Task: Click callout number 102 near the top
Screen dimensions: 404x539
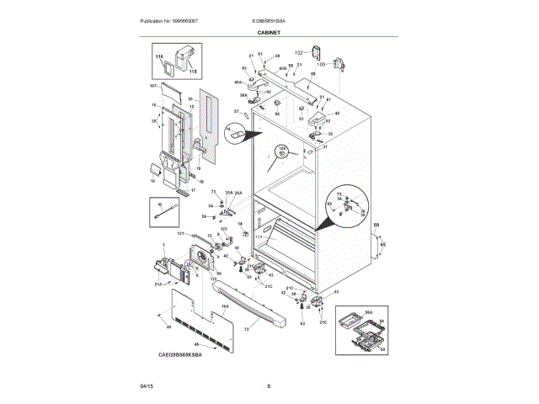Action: pyautogui.click(x=299, y=52)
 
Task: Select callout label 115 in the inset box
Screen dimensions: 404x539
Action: pyautogui.click(x=192, y=71)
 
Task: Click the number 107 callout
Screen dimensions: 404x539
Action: pyautogui.click(x=154, y=86)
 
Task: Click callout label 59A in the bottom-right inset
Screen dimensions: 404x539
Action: pyautogui.click(x=368, y=311)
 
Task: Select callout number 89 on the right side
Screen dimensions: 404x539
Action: pyautogui.click(x=376, y=225)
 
